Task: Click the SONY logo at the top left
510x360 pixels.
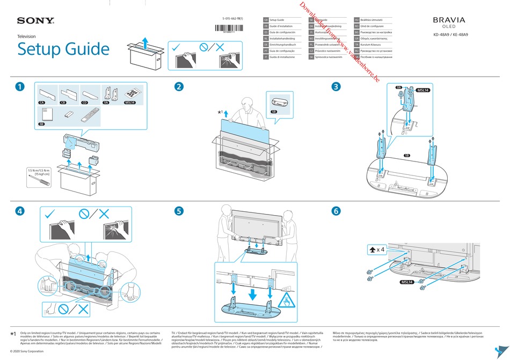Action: [35, 21]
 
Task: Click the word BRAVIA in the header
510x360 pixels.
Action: [449, 20]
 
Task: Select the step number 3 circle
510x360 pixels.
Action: [336, 86]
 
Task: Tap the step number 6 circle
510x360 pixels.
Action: [336, 211]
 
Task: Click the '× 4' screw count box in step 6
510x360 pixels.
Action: [377, 249]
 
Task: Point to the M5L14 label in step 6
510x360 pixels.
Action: [407, 281]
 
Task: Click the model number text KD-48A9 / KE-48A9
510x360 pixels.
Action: [450, 36]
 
